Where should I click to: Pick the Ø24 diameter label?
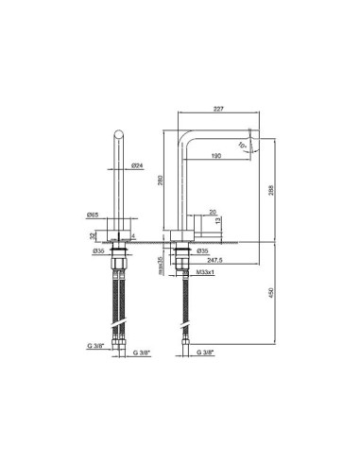[138, 165]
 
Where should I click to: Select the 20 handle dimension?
[213, 213]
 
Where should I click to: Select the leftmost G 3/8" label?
[96, 348]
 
